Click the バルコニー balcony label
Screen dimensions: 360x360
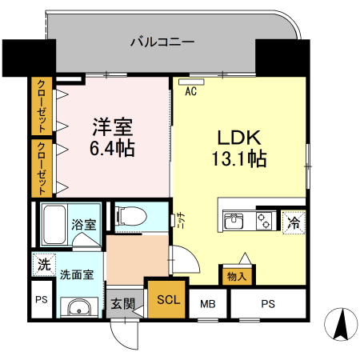tap(162, 42)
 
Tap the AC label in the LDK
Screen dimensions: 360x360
tap(191, 91)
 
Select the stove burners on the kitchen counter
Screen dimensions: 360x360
tap(263, 221)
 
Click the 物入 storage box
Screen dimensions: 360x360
tap(238, 276)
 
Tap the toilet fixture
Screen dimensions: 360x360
tap(133, 216)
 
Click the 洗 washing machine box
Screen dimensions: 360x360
tap(41, 262)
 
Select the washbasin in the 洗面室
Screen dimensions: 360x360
tap(76, 309)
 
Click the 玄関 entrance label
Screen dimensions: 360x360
tap(123, 303)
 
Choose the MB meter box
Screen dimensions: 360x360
tap(208, 303)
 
